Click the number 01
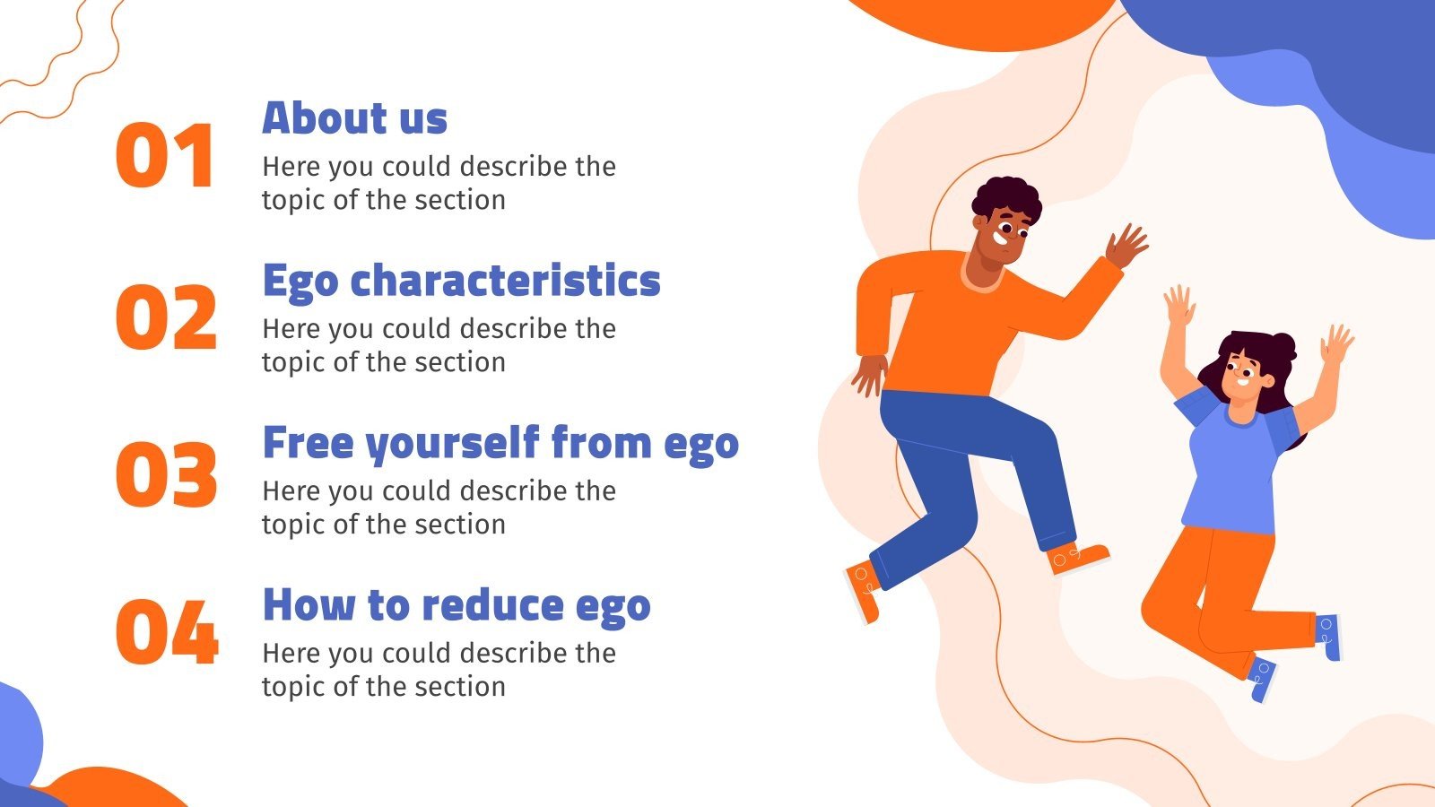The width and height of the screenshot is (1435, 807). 165,156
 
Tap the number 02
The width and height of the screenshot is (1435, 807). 166,317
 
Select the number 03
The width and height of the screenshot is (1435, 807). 166,474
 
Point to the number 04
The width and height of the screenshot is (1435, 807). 167,632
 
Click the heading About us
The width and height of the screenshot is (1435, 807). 354,118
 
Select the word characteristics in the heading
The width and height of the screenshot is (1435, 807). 505,281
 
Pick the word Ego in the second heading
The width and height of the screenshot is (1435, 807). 300,282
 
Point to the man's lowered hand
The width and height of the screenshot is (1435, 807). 868,374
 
